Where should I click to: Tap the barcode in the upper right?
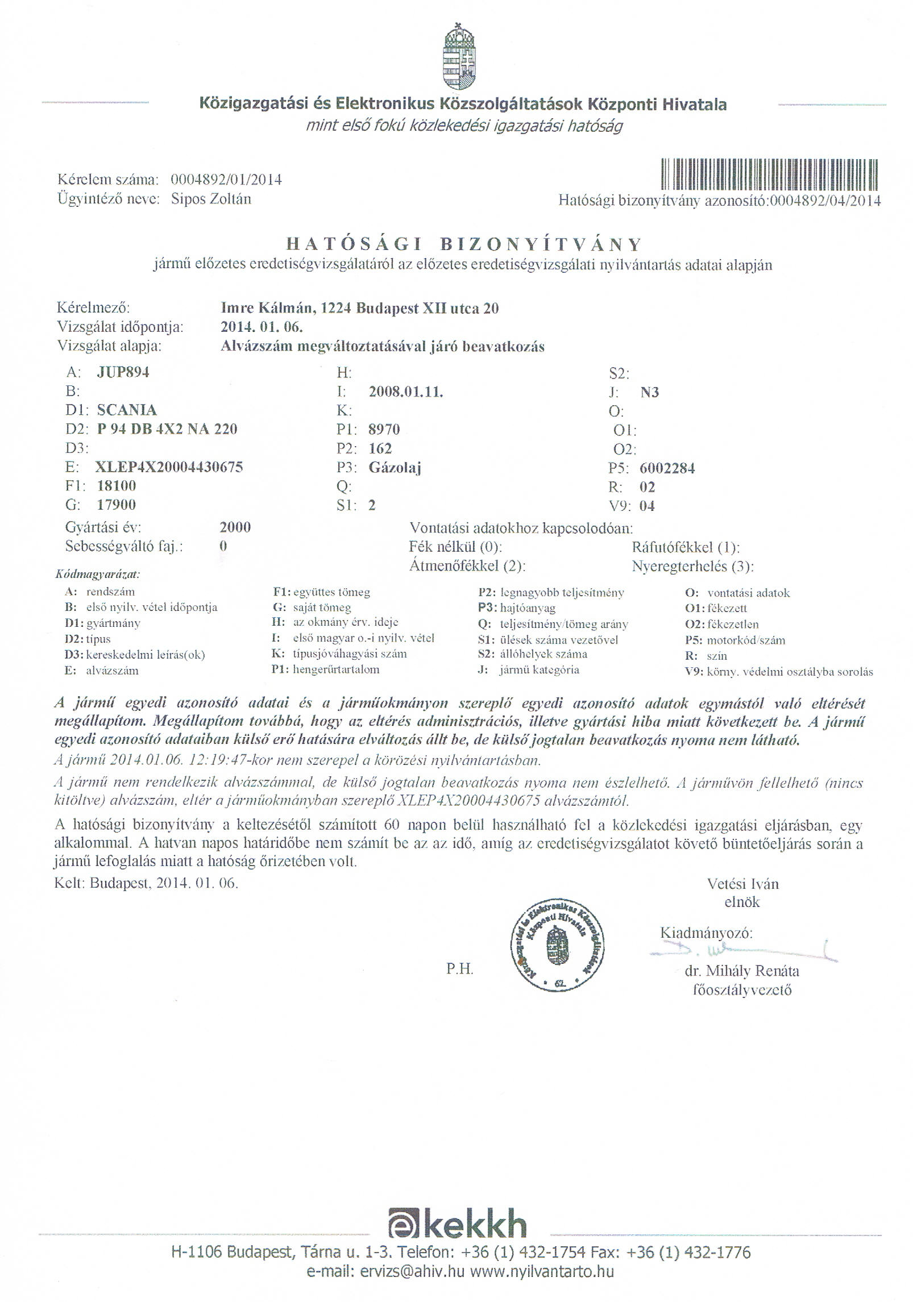(x=770, y=174)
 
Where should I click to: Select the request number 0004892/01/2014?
(x=226, y=180)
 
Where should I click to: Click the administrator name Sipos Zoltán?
(x=211, y=199)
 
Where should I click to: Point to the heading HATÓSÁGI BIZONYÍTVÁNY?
(x=463, y=244)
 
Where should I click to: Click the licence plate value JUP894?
(x=123, y=372)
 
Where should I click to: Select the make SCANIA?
(x=127, y=410)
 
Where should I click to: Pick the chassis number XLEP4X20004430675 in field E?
(x=170, y=467)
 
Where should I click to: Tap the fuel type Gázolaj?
(x=395, y=468)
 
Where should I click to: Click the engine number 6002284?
(x=667, y=468)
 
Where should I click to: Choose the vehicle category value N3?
(x=649, y=392)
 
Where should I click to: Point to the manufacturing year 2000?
(x=235, y=527)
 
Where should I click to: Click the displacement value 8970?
(x=384, y=429)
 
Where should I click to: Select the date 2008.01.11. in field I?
(x=406, y=392)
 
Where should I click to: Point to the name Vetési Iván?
(x=742, y=884)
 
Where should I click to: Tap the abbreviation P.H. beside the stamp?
(x=460, y=969)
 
